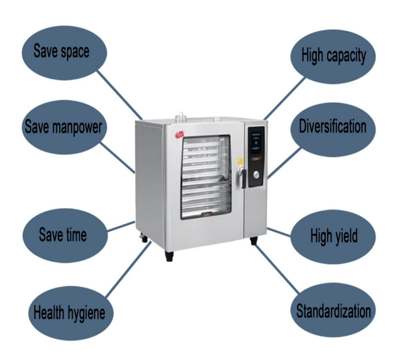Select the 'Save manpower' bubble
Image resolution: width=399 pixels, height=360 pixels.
[x=63, y=127]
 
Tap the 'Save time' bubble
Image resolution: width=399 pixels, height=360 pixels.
[x=62, y=233]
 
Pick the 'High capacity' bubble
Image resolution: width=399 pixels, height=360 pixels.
[x=333, y=55]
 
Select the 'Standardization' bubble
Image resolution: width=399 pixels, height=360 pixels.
[x=333, y=310]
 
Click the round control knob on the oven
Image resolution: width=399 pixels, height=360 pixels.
[x=256, y=176]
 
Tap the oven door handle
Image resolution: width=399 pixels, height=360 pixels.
[x=242, y=177]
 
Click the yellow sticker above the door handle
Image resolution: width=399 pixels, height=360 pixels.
[x=240, y=160]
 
